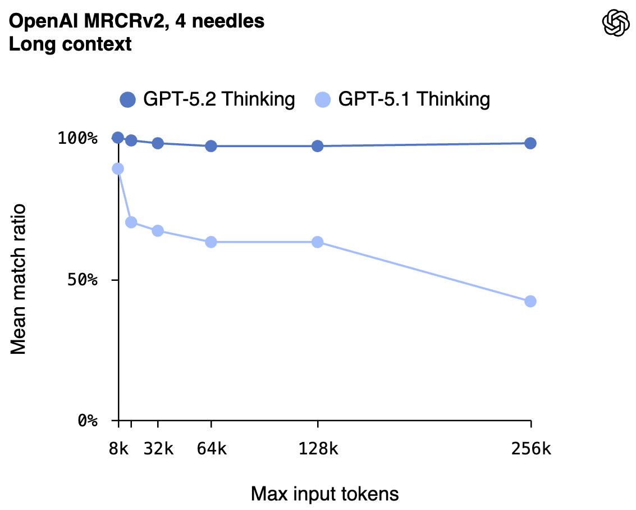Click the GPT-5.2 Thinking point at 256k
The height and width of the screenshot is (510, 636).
pos(530,143)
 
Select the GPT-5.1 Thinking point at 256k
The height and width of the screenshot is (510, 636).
pos(530,302)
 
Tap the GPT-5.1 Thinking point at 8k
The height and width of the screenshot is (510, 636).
pos(118,169)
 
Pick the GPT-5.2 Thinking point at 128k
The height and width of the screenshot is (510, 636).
pos(318,146)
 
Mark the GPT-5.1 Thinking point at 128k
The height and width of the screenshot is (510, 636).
pos(318,242)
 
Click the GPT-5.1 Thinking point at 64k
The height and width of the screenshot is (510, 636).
pos(211,242)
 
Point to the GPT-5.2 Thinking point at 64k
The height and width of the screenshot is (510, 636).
pos(211,146)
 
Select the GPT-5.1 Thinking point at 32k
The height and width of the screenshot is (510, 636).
pos(158,231)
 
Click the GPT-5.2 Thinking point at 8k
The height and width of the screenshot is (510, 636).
pos(118,138)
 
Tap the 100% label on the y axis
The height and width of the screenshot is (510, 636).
pos(78,138)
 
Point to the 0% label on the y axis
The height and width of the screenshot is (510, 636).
pos(88,421)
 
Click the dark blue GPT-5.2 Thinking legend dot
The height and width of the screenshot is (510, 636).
pos(128,100)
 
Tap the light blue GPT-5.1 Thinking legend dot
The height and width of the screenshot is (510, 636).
pos(323,100)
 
